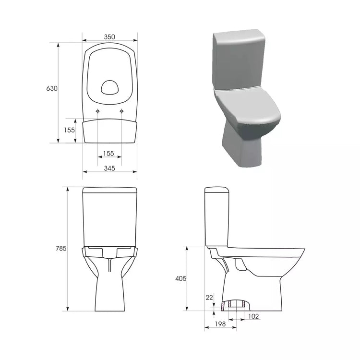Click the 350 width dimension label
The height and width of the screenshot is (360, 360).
pos(109,37)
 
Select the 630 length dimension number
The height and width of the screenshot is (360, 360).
pos(52,88)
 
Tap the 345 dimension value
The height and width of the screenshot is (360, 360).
pos(109,168)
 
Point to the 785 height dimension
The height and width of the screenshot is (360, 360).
pos(61,248)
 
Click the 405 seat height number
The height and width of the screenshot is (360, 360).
pos(181,278)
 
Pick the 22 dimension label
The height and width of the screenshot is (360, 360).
pos(209,297)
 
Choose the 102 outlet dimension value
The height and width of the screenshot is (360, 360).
pos(253,316)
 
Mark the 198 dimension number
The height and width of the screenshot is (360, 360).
pos(220,324)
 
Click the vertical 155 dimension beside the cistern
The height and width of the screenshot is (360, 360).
pos(69,130)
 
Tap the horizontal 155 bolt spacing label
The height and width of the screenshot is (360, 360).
pos(108,153)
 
